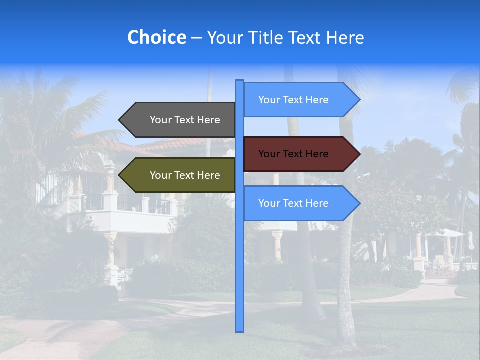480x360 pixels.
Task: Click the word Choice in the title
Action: pos(156,37)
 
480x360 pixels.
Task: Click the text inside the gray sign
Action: pos(185,120)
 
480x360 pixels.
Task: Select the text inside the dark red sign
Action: pos(293,154)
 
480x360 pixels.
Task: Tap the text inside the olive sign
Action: pos(185,175)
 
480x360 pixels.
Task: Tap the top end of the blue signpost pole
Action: pos(240,81)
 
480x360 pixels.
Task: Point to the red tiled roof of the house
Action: pos(165,145)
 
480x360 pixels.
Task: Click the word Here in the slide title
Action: pos(345,37)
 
